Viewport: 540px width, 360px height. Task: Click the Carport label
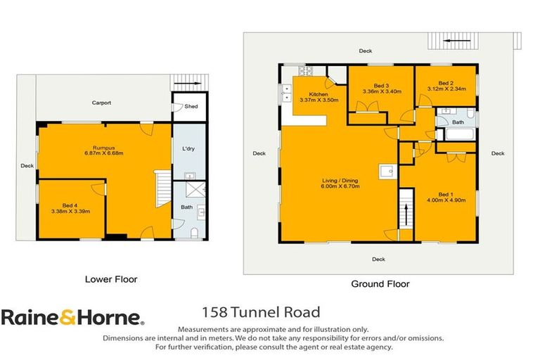click(102, 103)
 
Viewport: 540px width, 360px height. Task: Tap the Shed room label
click(191, 107)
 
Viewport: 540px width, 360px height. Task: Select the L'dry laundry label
click(188, 149)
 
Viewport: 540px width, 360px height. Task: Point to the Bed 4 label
click(70, 205)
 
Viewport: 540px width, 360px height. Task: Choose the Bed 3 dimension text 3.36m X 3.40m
click(381, 91)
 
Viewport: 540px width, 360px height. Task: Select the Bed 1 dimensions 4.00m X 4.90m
click(447, 200)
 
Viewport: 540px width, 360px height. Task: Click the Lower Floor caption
click(111, 279)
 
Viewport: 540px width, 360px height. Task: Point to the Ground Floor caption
click(380, 284)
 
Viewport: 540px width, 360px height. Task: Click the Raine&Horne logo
click(72, 318)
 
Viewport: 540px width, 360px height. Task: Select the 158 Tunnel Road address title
click(261, 312)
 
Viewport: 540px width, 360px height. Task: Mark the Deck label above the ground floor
click(365, 51)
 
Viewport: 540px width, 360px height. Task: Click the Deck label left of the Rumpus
click(27, 167)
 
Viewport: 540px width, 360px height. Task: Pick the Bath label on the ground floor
click(458, 122)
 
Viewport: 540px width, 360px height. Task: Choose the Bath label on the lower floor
click(186, 207)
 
